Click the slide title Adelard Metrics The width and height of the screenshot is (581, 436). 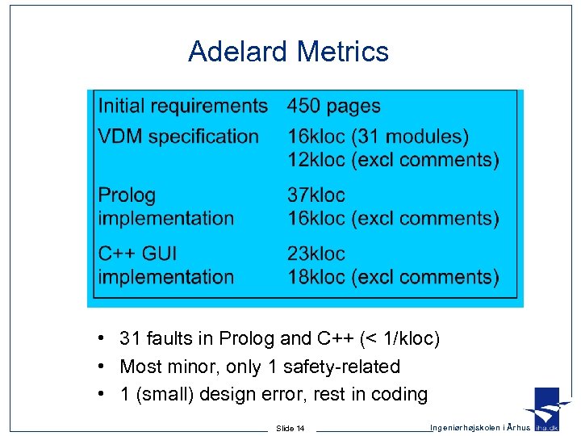[288, 52]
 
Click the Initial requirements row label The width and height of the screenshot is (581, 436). [182, 106]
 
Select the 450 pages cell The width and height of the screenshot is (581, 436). [334, 106]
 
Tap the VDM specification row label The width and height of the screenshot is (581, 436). [178, 136]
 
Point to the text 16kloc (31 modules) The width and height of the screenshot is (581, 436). [378, 136]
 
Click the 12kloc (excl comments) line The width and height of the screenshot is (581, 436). [393, 159]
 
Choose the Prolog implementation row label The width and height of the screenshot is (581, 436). [165, 207]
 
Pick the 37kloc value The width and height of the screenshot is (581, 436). [316, 195]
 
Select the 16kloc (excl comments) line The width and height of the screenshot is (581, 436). [393, 218]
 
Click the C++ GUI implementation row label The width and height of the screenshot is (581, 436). [165, 265]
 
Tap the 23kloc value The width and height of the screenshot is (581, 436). [316, 254]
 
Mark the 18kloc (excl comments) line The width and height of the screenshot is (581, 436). [393, 277]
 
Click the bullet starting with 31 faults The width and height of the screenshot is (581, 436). [279, 339]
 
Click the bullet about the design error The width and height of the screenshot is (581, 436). [273, 395]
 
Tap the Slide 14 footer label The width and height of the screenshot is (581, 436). [290, 428]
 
